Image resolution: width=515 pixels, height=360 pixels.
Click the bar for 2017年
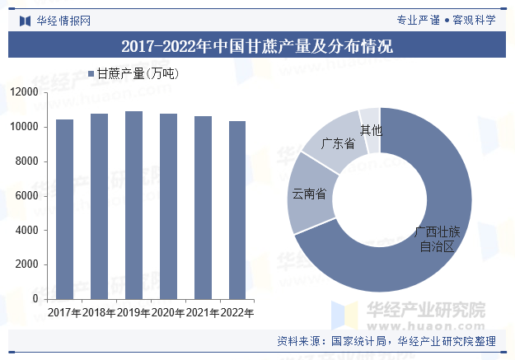[64, 209]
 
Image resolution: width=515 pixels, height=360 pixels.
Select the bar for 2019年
[133, 205]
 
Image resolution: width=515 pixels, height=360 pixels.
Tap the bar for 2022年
[237, 210]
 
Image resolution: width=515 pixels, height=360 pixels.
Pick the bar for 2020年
[168, 207]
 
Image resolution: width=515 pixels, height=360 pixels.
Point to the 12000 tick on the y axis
[24, 93]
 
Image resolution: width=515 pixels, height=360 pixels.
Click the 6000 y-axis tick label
[27, 196]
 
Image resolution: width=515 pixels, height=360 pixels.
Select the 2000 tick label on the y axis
[27, 265]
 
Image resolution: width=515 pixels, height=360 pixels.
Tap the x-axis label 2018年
[99, 313]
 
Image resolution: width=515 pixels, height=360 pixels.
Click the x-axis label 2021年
[203, 313]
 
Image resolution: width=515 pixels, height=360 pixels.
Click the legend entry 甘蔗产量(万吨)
[137, 74]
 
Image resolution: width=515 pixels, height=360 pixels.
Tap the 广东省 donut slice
[334, 143]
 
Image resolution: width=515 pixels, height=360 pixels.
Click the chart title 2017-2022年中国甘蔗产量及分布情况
[257, 45]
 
